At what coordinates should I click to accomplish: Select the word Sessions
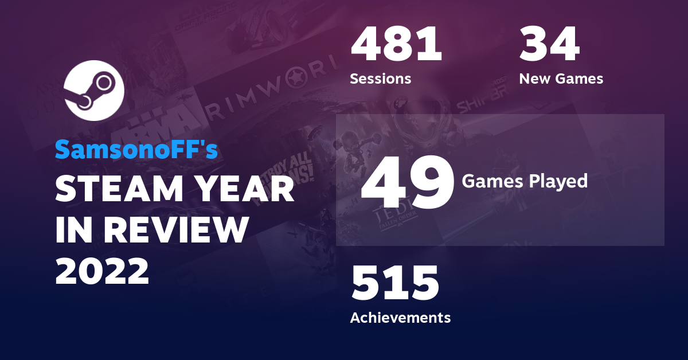click(x=380, y=79)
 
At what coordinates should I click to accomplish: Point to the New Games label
click(x=561, y=79)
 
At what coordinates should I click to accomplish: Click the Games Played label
click(x=525, y=181)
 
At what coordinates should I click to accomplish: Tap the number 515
click(x=395, y=284)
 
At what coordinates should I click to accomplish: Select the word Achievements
click(x=400, y=317)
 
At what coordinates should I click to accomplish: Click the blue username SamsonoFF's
click(x=136, y=150)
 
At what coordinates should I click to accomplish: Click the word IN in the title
click(x=72, y=230)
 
